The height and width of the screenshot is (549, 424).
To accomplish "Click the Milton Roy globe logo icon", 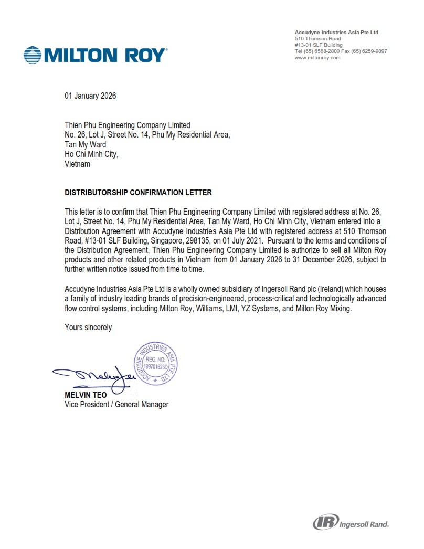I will pos(33,55).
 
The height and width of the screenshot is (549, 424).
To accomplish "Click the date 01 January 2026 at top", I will pos(90,96).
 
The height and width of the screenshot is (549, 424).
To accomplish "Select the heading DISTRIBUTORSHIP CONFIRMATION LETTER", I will pos(138,193).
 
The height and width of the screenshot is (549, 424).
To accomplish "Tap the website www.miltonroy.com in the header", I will pos(317,58).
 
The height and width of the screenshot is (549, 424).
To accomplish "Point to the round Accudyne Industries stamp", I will pos(156,363).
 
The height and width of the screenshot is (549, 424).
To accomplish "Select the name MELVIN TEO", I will pos(86,395).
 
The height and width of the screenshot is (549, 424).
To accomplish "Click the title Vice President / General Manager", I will pos(116,404).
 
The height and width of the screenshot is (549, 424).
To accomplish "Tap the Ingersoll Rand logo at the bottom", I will pos(351,523).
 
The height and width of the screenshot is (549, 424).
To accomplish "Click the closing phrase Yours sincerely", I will pos(88,327).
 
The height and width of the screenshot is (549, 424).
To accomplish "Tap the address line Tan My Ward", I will pos(85,144).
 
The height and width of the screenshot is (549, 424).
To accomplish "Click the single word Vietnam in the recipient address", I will pos(77,164).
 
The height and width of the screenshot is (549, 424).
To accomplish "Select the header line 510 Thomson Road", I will pos(317,39).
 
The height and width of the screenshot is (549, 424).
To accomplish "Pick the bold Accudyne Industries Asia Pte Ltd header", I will pos(336,33).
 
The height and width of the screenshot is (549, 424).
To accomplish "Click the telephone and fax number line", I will pos(341,51).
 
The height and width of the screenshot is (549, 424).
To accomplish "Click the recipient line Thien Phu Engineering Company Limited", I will pos(127,125).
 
